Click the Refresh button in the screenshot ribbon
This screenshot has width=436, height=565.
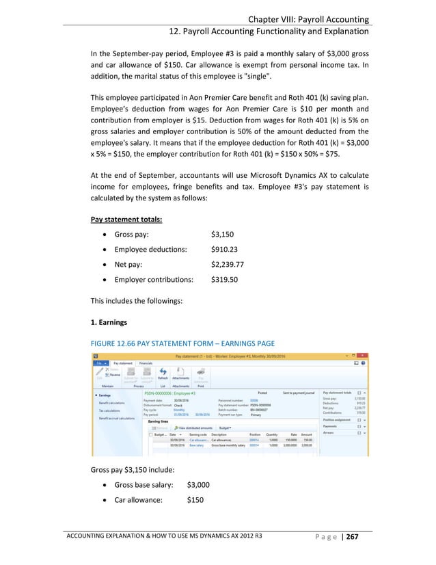click(163, 377)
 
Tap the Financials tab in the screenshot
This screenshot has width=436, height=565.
click(146, 363)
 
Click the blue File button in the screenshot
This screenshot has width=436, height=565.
click(100, 363)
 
